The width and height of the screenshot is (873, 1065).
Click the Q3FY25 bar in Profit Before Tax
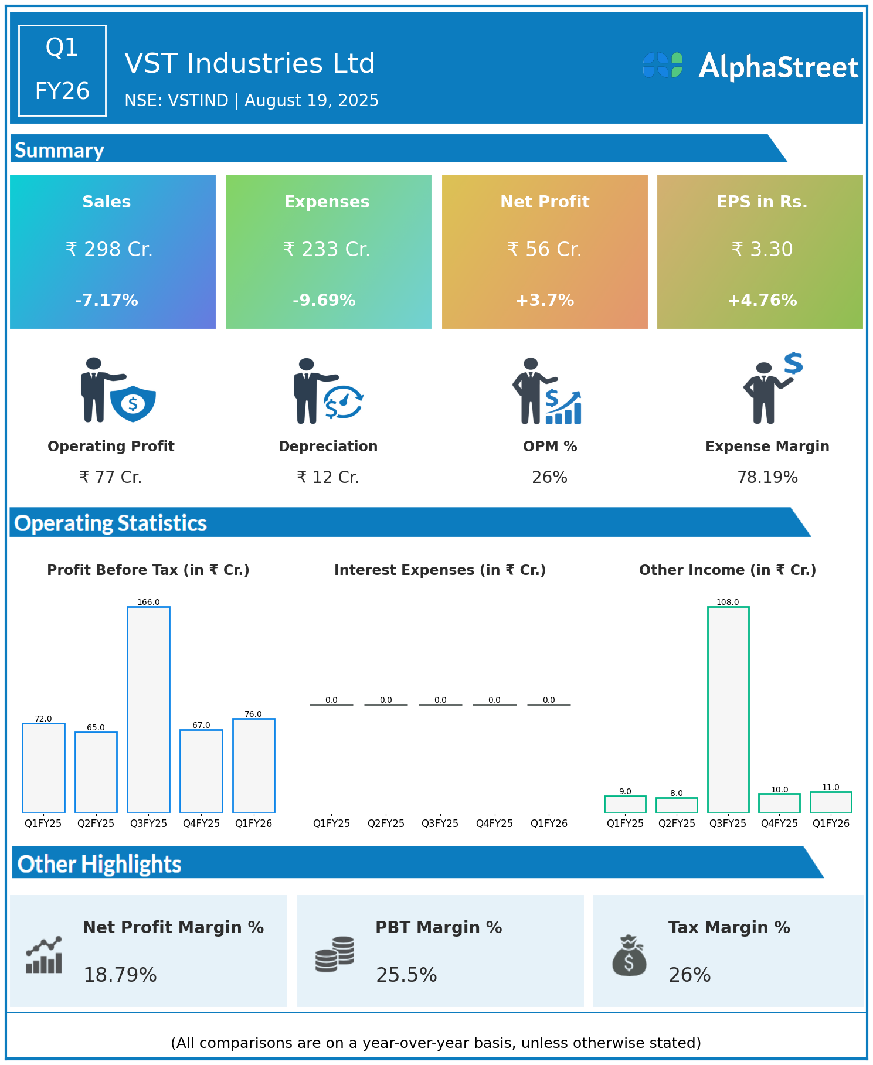click(x=148, y=709)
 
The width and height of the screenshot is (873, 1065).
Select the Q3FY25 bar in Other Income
click(x=728, y=709)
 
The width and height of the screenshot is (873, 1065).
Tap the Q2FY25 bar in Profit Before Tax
click(x=96, y=772)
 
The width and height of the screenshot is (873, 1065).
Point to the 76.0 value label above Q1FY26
click(x=253, y=714)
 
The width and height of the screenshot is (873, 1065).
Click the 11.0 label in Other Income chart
click(x=831, y=787)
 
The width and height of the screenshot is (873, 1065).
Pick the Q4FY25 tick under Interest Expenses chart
click(x=494, y=823)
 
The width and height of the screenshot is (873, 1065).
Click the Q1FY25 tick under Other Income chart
click(x=625, y=823)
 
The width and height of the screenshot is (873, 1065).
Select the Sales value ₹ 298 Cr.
click(x=109, y=250)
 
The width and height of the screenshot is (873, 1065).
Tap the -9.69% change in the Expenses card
click(x=324, y=300)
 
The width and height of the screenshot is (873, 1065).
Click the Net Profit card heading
click(x=545, y=202)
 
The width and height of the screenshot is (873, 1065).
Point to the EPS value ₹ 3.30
click(x=762, y=250)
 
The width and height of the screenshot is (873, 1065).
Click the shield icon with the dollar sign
click(x=133, y=403)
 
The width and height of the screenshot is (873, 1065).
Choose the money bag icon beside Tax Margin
click(x=629, y=955)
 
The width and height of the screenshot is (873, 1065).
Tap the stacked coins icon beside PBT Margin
click(x=335, y=954)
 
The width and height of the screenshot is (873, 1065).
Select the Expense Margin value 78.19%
click(x=767, y=478)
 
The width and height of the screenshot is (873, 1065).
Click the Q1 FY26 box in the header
click(x=62, y=70)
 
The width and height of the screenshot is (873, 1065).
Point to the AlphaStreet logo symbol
click(x=663, y=65)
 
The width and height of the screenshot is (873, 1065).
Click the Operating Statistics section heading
click(x=111, y=523)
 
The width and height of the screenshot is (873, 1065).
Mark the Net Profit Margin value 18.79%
click(x=120, y=975)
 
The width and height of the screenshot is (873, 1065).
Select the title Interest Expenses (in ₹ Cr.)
click(x=440, y=570)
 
